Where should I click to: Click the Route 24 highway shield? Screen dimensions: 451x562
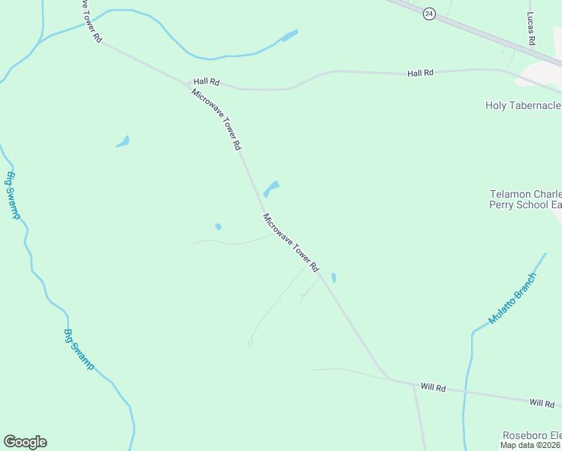429,14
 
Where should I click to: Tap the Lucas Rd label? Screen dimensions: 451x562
530,29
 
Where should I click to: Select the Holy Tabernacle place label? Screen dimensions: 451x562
523,105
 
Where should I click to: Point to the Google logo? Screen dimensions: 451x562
25,442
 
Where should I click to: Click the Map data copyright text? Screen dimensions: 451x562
530,445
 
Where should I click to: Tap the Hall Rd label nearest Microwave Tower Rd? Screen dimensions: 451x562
205,81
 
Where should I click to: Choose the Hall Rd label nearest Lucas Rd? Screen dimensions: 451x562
421,73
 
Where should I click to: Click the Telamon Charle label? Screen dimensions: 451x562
525,194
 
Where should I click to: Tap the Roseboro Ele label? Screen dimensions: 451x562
531,435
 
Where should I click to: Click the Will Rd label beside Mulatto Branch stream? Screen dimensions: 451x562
433,388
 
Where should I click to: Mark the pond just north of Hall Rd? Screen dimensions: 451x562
289,35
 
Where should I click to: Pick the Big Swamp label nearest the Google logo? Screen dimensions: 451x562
79,350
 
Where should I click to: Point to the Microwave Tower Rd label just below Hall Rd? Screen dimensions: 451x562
216,118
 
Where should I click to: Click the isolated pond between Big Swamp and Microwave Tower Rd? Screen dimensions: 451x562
122,141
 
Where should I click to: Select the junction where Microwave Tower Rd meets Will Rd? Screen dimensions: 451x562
389,379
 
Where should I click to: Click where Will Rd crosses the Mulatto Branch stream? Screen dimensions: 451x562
465,392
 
